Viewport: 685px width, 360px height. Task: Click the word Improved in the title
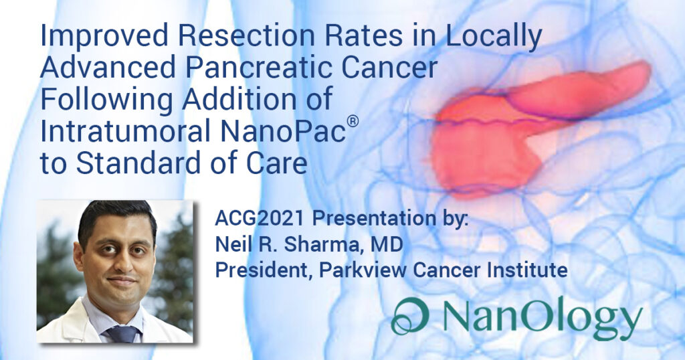click(x=104, y=37)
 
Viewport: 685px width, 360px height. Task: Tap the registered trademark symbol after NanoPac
click(x=353, y=120)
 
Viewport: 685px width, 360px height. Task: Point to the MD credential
click(x=387, y=245)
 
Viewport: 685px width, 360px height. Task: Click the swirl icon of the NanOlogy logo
click(x=409, y=316)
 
